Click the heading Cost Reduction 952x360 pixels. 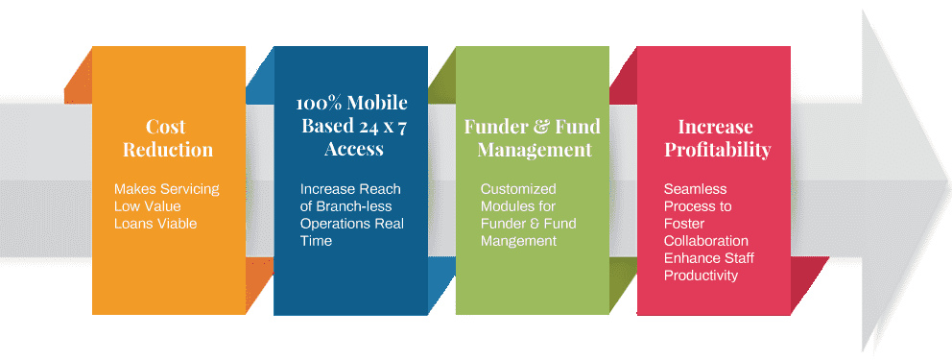click(x=168, y=138)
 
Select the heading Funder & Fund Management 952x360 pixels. click(x=533, y=138)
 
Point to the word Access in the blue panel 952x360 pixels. click(x=353, y=149)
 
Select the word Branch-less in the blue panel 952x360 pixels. click(x=358, y=206)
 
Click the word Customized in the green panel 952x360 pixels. click(x=518, y=189)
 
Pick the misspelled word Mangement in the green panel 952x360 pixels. click(x=518, y=241)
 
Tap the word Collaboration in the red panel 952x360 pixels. click(x=706, y=241)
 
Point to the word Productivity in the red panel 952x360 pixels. click(x=701, y=276)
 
